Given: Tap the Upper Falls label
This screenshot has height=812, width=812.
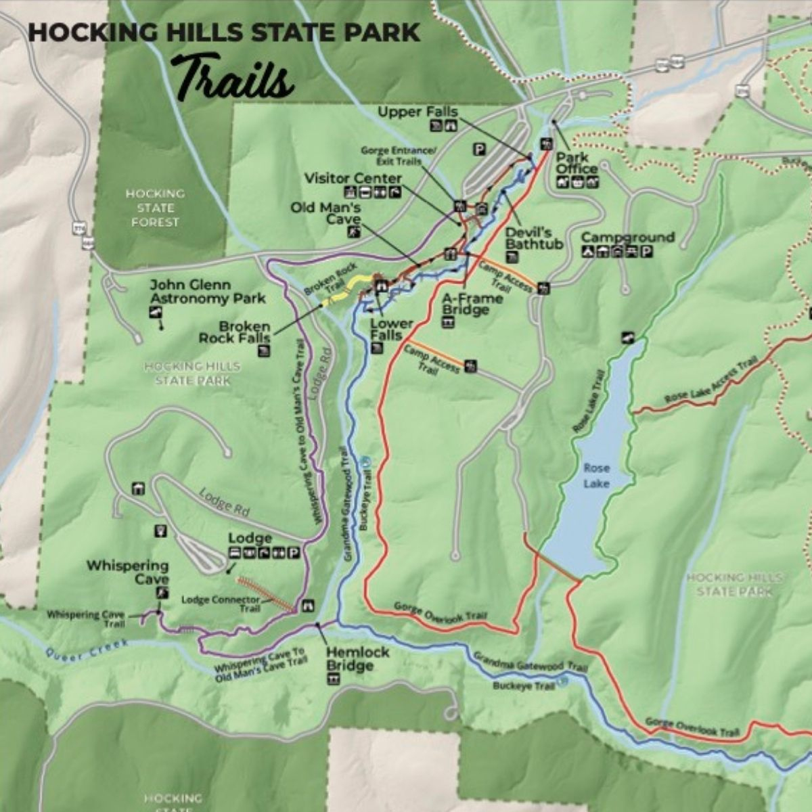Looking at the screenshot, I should [x=418, y=112].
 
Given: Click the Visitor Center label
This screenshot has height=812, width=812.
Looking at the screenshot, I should [x=353, y=179].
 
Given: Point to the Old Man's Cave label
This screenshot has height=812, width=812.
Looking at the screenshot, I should [x=325, y=213].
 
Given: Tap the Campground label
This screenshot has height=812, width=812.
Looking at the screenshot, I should [x=627, y=238].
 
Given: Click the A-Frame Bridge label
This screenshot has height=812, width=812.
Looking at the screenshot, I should [x=472, y=304].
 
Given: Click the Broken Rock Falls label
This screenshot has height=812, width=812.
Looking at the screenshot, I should [x=234, y=332].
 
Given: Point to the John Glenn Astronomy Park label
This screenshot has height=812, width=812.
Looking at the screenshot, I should [x=208, y=292].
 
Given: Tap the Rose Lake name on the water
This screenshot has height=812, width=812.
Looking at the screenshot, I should [x=596, y=475].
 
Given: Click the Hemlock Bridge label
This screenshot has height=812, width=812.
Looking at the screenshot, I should [x=358, y=658].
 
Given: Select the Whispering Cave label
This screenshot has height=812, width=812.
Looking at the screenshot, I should [x=127, y=572].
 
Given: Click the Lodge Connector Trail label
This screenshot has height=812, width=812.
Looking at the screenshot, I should [x=221, y=604].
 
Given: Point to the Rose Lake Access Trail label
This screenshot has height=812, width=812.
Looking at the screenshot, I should [x=710, y=382].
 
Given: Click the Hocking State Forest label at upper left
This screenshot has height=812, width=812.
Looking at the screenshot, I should [x=155, y=208].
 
